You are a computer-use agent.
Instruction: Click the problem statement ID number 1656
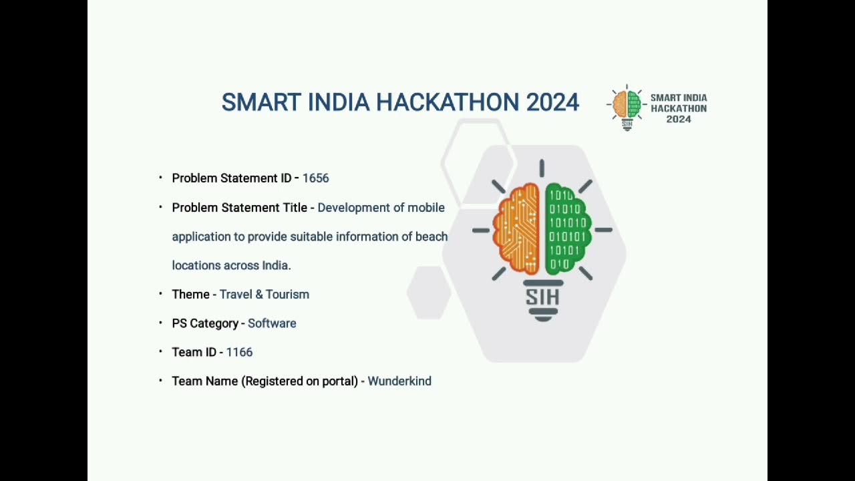(x=315, y=178)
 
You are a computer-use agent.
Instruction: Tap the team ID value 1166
(x=239, y=352)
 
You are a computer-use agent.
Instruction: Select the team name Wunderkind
(x=399, y=381)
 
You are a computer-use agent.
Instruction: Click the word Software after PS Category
(x=272, y=323)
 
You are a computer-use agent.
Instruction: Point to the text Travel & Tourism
(x=265, y=295)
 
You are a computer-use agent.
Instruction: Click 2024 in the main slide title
(x=552, y=102)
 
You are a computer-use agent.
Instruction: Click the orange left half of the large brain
(x=516, y=229)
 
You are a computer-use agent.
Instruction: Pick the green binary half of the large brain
(x=567, y=229)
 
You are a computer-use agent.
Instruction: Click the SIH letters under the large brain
(x=542, y=297)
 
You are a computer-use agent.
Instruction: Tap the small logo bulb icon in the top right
(x=627, y=107)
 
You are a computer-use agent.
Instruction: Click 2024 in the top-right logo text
(x=679, y=120)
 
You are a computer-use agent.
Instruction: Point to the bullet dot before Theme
(x=161, y=293)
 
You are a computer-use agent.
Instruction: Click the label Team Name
(x=205, y=381)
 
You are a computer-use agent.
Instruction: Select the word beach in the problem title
(x=432, y=236)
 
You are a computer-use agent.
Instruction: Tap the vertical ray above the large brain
(x=542, y=168)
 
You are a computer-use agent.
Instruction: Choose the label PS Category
(x=205, y=323)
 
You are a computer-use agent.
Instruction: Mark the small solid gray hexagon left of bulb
(x=429, y=293)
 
